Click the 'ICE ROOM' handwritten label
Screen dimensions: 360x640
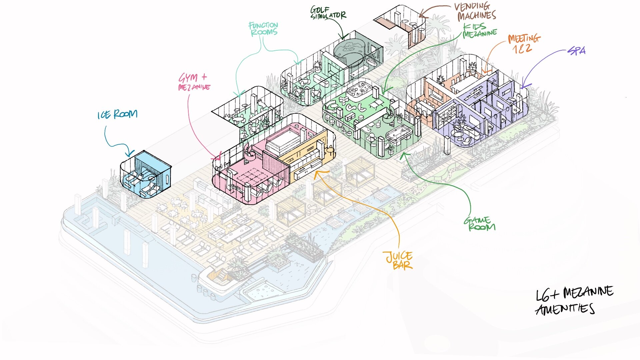pyautogui.click(x=117, y=114)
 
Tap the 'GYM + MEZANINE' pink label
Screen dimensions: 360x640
pyautogui.click(x=194, y=82)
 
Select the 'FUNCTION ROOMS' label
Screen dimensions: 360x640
pyautogui.click(x=263, y=29)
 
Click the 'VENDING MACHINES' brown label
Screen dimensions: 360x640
pyautogui.click(x=475, y=11)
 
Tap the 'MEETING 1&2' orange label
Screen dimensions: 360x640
pyautogui.click(x=524, y=44)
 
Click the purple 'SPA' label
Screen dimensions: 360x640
pyautogui.click(x=577, y=51)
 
